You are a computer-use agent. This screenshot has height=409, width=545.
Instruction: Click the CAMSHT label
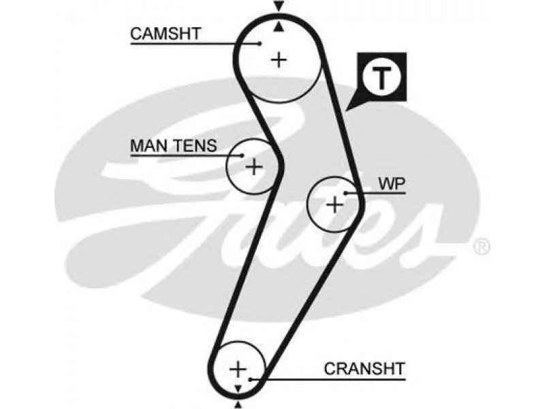point(166,33)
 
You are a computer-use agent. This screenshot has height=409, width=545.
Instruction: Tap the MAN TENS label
point(174,146)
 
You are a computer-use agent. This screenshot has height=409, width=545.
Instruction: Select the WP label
point(392,184)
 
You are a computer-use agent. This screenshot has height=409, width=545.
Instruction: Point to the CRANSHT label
point(364,369)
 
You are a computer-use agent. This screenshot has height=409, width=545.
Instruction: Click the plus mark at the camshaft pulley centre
point(279,60)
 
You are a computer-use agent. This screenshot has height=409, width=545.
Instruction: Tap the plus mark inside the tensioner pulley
point(254,167)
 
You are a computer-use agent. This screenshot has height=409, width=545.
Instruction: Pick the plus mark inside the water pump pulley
point(334,204)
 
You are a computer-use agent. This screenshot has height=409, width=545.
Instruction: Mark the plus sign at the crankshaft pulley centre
point(238,369)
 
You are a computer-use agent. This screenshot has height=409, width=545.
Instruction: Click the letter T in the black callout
point(381,78)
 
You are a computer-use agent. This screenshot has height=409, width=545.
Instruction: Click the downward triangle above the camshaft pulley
point(279,5)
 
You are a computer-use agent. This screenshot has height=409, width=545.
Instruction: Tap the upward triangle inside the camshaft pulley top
point(279,27)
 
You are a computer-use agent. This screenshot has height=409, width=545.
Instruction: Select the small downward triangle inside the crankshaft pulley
point(238,389)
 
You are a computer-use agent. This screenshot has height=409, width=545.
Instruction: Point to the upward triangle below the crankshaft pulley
point(238,405)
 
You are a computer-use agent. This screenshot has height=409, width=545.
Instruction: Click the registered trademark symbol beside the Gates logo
point(482,247)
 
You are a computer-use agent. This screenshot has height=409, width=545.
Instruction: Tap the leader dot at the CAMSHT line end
point(260,44)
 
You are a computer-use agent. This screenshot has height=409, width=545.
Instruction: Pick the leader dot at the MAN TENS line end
point(243,155)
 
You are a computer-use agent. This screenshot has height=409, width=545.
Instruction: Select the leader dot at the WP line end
point(346,193)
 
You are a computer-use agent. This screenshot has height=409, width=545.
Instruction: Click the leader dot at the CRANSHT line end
point(251,379)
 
